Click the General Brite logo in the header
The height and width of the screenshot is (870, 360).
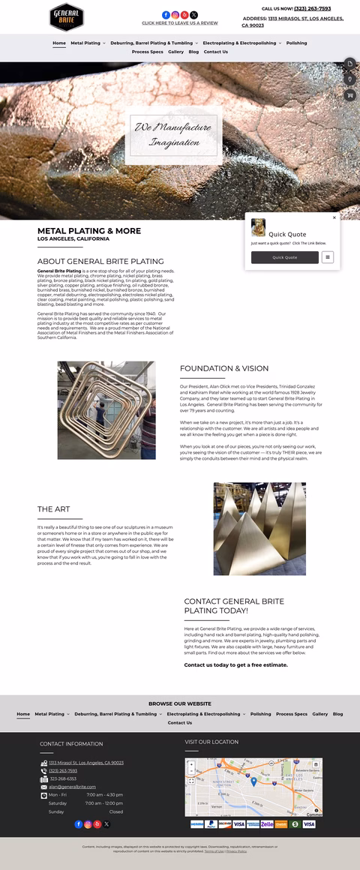(x=66, y=16)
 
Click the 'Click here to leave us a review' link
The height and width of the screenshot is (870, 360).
(x=180, y=23)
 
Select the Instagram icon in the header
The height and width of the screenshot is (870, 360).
(x=175, y=15)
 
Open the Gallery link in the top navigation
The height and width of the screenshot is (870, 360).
(x=175, y=52)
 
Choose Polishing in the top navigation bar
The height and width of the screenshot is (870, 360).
(x=296, y=43)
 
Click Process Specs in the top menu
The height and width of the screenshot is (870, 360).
(x=147, y=52)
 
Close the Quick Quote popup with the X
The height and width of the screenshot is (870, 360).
(x=334, y=218)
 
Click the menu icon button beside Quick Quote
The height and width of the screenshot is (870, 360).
(x=328, y=257)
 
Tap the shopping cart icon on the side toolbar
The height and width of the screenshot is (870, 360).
(x=350, y=95)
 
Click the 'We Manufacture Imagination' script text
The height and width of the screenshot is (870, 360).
(x=172, y=135)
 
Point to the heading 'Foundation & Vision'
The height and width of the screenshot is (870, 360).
(x=224, y=368)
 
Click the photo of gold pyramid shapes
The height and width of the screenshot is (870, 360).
(x=249, y=529)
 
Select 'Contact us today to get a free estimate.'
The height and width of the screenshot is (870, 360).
(x=235, y=664)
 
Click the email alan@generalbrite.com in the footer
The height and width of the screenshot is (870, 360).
(x=72, y=787)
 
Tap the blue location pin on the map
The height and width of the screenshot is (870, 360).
(x=253, y=781)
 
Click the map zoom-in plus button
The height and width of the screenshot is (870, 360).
(x=191, y=765)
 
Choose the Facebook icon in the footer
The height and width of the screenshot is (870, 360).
(x=78, y=824)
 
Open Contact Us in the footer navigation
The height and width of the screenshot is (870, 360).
(x=180, y=723)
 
